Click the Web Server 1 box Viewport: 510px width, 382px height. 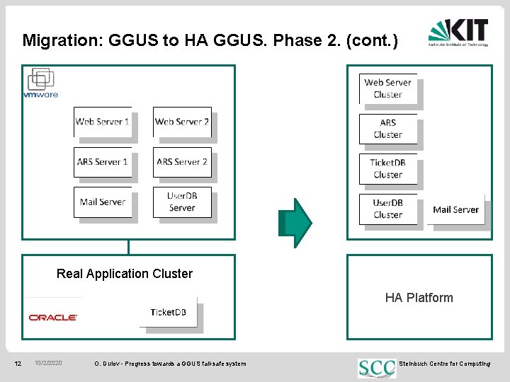click(x=103, y=122)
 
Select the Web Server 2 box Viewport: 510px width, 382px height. click(x=182, y=122)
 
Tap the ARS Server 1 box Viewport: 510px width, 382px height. click(x=103, y=162)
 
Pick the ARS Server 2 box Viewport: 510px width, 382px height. click(x=182, y=162)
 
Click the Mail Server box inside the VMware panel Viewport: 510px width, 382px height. click(x=103, y=202)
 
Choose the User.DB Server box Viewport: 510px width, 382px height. click(x=182, y=202)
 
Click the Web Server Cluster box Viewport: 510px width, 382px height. click(x=388, y=88)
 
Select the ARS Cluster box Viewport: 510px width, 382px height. click(x=388, y=129)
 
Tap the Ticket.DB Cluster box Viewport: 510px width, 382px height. click(x=388, y=168)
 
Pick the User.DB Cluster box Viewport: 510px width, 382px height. click(x=388, y=209)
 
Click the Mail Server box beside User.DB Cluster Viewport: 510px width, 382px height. click(x=456, y=209)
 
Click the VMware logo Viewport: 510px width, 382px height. click(x=40, y=84)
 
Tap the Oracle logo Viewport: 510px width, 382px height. click(x=53, y=318)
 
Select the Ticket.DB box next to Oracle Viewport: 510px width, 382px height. click(x=168, y=313)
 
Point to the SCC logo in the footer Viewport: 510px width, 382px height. click(x=377, y=367)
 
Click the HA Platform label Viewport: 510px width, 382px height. click(x=419, y=298)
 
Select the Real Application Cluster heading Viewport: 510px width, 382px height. click(x=125, y=274)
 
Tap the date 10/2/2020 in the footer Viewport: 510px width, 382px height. click(x=48, y=364)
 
